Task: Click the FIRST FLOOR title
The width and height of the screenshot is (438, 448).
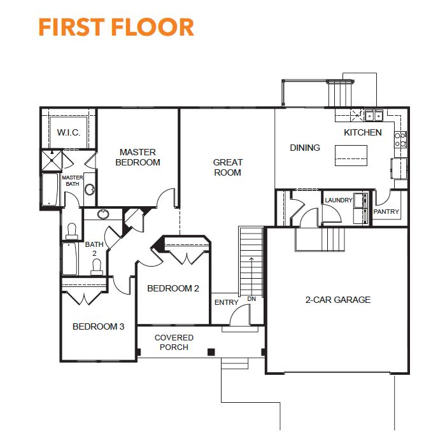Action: (117, 27)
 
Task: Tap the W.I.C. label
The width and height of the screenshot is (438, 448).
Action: (69, 132)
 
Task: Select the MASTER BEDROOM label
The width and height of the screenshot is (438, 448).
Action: (138, 157)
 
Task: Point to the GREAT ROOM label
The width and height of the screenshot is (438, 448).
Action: (228, 167)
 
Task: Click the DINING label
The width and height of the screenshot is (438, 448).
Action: (305, 148)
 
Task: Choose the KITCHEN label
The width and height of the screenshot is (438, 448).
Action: (362, 132)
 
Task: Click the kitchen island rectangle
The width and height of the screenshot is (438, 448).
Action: (351, 155)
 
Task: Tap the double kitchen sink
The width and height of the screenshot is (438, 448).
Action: (374, 116)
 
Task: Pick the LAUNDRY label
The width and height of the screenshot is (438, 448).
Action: (339, 200)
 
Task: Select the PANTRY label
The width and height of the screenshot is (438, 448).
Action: (386, 212)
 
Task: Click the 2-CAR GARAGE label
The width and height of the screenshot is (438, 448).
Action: (338, 300)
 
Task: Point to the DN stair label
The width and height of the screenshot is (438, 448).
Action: (251, 299)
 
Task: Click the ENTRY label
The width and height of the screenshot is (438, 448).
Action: (227, 302)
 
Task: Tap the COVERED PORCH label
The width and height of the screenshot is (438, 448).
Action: (174, 342)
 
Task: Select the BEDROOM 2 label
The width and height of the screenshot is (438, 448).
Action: (173, 288)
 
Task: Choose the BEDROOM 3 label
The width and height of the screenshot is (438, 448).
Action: (98, 326)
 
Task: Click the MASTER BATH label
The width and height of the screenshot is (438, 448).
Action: (73, 181)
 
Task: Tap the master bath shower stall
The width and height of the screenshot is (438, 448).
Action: (52, 160)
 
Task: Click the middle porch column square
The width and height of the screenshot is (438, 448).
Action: (211, 352)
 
